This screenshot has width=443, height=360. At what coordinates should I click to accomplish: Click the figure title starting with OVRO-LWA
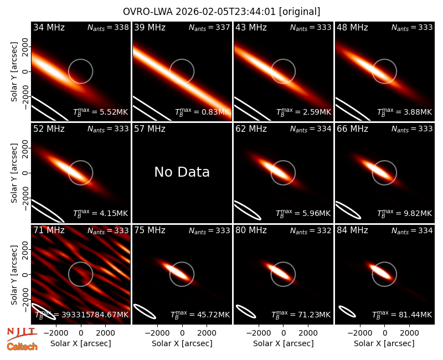(x=221, y=12)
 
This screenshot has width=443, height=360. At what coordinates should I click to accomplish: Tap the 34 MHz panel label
(x=49, y=27)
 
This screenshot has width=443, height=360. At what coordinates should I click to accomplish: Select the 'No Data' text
(x=182, y=172)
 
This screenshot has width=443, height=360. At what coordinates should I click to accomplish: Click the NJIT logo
(x=22, y=334)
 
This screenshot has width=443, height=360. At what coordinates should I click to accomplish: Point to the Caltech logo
(x=22, y=347)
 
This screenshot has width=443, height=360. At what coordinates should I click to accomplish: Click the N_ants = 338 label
(x=108, y=27)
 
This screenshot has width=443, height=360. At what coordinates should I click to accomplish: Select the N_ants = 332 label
(x=311, y=230)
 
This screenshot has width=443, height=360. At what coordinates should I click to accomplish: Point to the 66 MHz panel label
(x=352, y=129)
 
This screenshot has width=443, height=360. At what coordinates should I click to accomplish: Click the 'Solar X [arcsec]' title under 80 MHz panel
(x=283, y=343)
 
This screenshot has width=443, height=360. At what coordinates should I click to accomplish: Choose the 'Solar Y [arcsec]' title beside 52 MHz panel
(x=14, y=173)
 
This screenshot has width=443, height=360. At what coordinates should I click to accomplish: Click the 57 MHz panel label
(x=150, y=129)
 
